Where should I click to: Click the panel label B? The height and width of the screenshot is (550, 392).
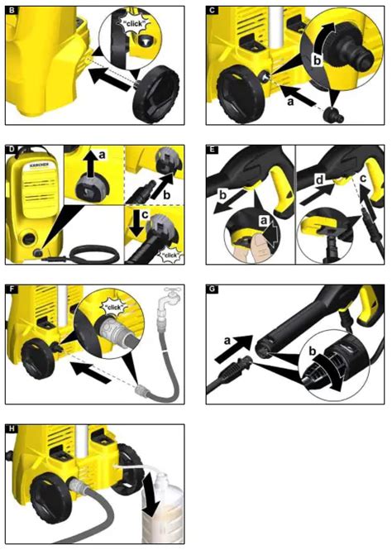click(12, 10)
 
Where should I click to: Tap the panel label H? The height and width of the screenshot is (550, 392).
click(12, 428)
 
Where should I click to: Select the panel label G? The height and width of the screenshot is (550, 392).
click(213, 289)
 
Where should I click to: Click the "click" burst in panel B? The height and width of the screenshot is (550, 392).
click(136, 25)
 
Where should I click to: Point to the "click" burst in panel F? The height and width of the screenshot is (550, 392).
click(115, 307)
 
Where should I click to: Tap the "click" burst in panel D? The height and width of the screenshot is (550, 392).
click(170, 255)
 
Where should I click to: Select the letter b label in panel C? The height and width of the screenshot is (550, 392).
click(317, 60)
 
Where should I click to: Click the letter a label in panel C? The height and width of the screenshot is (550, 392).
click(289, 103)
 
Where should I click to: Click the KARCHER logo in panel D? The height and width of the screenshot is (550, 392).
click(38, 164)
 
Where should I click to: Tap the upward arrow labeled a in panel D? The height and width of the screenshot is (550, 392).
click(90, 164)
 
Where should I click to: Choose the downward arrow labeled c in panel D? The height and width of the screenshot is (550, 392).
click(136, 222)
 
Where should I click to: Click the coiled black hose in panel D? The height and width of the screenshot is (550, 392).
click(93, 254)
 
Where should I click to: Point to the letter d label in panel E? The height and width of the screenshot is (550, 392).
click(319, 180)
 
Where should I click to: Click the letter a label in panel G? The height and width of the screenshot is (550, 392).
click(227, 340)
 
